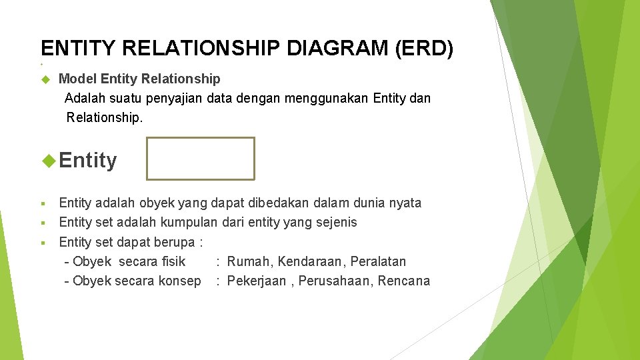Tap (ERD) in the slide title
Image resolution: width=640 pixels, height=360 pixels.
click(x=426, y=49)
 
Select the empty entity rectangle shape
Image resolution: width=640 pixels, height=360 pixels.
click(x=201, y=159)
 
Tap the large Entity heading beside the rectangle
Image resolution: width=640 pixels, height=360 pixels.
click(x=87, y=160)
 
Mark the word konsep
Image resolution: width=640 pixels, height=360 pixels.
click(x=179, y=281)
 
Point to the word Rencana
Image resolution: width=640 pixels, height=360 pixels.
click(x=404, y=281)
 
